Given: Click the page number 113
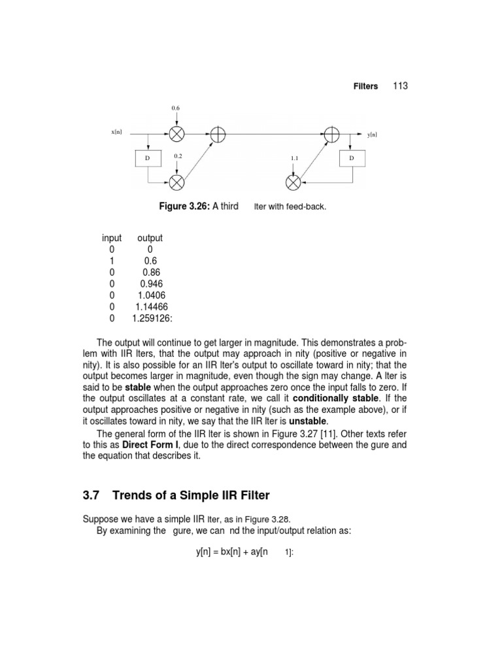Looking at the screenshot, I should [x=401, y=86].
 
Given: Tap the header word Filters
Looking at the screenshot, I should [x=366, y=86].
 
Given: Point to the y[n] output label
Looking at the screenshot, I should [x=372, y=135].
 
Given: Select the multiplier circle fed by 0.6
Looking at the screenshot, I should [x=176, y=134].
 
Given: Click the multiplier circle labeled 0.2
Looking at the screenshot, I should [x=176, y=181].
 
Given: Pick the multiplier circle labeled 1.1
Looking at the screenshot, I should [x=294, y=181].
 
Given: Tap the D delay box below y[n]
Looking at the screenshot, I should [x=352, y=158].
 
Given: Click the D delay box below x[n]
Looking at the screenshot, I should [x=148, y=158].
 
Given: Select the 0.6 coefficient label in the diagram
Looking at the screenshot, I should [x=175, y=107].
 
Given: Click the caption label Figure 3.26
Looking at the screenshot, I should [x=184, y=207].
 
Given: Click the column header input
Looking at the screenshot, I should [x=112, y=238].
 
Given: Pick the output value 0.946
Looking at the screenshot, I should [x=151, y=284].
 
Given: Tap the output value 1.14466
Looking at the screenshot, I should [x=151, y=306].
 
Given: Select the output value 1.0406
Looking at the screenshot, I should [x=151, y=295].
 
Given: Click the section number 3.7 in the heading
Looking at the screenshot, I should [x=90, y=496].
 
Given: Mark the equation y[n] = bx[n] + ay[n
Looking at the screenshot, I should [x=232, y=552].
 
